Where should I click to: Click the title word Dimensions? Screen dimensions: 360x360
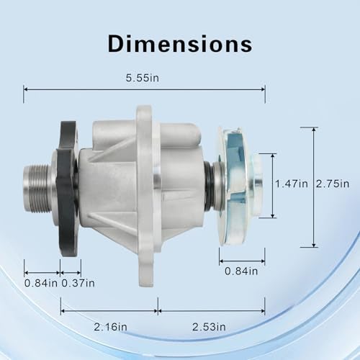[180, 44]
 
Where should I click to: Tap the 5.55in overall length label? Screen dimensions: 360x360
[143, 78]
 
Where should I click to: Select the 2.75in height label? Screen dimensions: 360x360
[333, 184]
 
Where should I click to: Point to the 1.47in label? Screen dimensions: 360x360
[292, 184]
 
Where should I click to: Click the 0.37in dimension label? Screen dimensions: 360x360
[78, 283]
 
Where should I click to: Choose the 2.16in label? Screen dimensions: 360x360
[110, 327]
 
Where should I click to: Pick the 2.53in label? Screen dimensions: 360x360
[209, 327]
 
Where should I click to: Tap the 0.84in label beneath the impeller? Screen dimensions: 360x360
[241, 271]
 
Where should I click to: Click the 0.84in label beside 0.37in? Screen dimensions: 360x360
[41, 283]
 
